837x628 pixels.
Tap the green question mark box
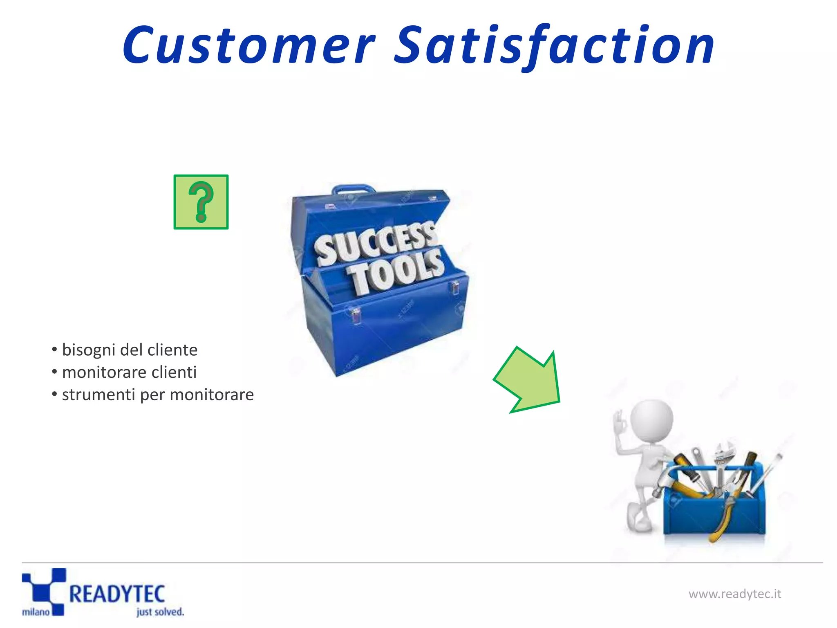click(x=201, y=202)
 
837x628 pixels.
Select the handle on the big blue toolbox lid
click(x=353, y=189)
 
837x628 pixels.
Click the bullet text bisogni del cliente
click(x=130, y=350)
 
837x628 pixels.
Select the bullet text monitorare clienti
click(x=129, y=372)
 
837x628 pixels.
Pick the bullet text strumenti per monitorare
click(x=158, y=395)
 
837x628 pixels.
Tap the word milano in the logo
click(x=36, y=612)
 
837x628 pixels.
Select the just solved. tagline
click(x=160, y=612)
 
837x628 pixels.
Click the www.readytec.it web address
click(x=734, y=594)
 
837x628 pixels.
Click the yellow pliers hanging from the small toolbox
click(x=723, y=519)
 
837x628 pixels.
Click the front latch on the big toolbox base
click(x=356, y=316)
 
